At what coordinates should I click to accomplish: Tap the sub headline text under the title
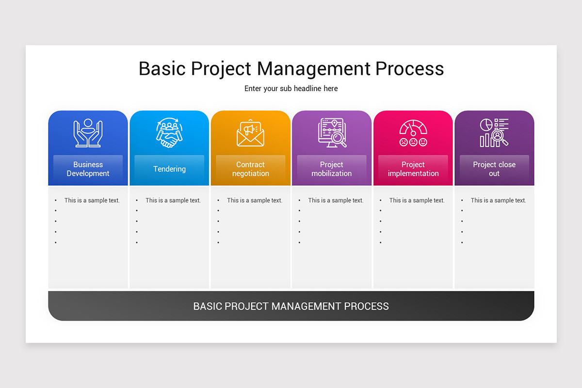click(291, 89)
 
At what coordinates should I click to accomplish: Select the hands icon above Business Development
click(88, 133)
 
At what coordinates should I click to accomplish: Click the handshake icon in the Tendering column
click(169, 133)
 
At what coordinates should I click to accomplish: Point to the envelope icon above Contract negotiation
click(250, 133)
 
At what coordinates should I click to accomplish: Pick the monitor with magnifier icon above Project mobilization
click(332, 133)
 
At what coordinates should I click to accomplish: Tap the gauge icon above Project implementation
click(413, 133)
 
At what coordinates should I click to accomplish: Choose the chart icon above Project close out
click(494, 133)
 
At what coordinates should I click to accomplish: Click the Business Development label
click(88, 169)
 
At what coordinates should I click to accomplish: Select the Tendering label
click(169, 169)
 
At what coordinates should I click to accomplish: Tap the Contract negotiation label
click(250, 169)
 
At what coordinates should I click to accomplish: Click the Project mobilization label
click(332, 169)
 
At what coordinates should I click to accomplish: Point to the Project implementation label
click(413, 169)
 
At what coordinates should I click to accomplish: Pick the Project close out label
click(494, 169)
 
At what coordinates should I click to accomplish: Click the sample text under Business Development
click(92, 200)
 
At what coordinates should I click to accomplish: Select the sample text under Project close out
click(498, 200)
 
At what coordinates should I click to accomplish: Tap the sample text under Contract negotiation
click(254, 200)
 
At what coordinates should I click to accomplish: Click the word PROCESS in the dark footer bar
click(366, 306)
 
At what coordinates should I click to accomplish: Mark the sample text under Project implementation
click(417, 200)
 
